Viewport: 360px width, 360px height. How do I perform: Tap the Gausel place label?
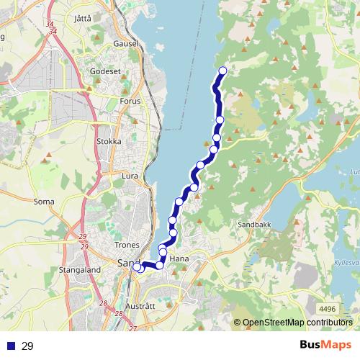tap(125, 43)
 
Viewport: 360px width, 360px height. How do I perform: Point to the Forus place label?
tap(131, 102)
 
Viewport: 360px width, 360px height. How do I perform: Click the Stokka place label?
tap(109, 141)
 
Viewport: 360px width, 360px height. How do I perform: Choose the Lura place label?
tap(130, 175)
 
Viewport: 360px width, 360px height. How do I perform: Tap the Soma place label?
tap(44, 202)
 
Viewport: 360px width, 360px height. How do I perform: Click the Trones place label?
tap(127, 245)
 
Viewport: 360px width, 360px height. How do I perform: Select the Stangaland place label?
tap(79, 270)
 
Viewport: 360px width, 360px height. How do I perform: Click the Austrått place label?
tap(140, 305)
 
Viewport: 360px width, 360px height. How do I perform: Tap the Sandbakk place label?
tap(254, 225)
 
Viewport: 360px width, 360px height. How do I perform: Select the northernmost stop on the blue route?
tap(222, 71)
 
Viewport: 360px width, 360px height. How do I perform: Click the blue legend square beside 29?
tap(11, 346)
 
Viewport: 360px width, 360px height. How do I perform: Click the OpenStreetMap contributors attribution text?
tap(297, 323)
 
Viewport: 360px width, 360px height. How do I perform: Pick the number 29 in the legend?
tap(27, 346)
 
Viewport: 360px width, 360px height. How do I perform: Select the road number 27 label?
tap(132, 328)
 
